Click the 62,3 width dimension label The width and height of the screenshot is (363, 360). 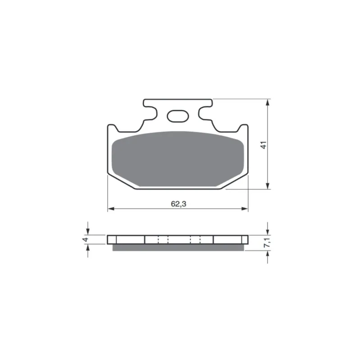point(178,204)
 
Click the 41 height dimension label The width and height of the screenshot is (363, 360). point(263,145)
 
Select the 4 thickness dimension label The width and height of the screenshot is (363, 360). point(86,239)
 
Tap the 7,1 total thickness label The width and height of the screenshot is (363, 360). point(267,242)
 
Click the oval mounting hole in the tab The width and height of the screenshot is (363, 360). point(178,116)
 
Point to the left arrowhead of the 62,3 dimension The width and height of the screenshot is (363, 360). point(111,209)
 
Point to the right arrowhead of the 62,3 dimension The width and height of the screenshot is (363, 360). point(245,209)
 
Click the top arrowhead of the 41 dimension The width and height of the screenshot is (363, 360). point(268,103)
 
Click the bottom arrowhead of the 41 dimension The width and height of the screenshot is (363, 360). point(268,186)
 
